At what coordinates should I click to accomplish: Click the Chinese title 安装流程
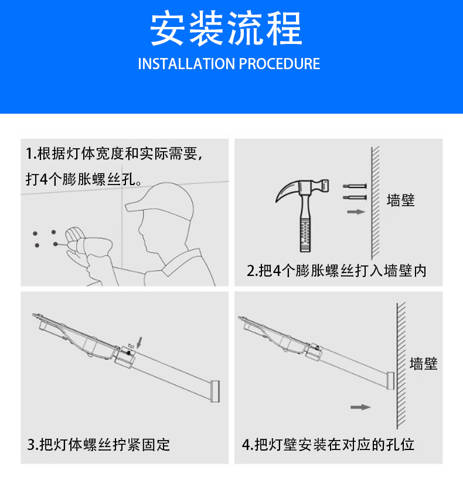click(x=226, y=29)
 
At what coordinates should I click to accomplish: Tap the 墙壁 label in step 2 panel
click(x=401, y=200)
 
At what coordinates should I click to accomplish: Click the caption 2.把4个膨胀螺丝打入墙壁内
click(x=336, y=271)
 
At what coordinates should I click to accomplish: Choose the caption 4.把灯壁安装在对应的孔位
click(x=328, y=444)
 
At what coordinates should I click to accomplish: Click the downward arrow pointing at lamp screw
click(x=139, y=340)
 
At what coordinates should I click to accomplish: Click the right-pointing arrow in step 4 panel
click(x=360, y=407)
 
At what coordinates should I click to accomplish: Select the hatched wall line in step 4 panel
click(x=400, y=363)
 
